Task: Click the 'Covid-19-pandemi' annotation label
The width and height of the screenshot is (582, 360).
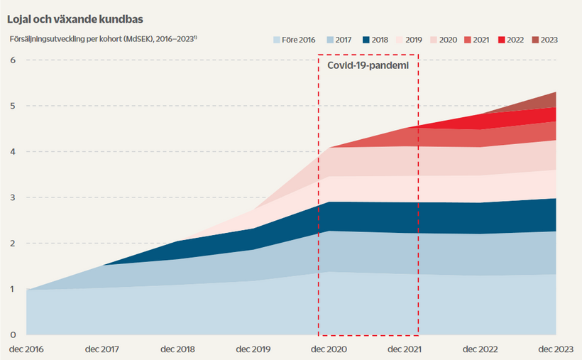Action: (x=368, y=65)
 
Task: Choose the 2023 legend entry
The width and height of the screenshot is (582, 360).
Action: (x=543, y=40)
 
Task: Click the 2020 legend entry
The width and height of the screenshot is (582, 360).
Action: (x=441, y=40)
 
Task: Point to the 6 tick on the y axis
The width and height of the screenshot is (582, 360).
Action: (x=12, y=60)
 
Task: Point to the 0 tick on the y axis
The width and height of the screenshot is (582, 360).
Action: (x=12, y=334)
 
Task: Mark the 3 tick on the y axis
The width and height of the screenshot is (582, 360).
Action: (x=12, y=197)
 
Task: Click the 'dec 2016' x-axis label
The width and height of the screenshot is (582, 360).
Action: (x=26, y=349)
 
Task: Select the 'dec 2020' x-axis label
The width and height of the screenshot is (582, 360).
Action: (x=329, y=349)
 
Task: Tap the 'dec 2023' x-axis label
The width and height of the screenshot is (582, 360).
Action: (x=555, y=349)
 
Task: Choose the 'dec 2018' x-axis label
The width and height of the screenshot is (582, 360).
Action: (x=177, y=349)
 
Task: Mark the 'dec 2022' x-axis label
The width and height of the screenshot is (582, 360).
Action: (x=480, y=349)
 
